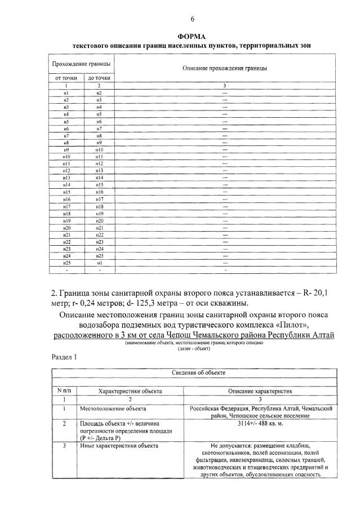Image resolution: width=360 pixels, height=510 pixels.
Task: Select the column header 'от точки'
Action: [66, 77]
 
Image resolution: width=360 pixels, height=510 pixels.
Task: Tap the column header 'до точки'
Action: [99, 77]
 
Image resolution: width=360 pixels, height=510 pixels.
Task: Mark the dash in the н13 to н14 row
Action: [225, 178]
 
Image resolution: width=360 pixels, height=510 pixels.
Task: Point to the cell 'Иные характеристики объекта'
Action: [118, 446]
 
